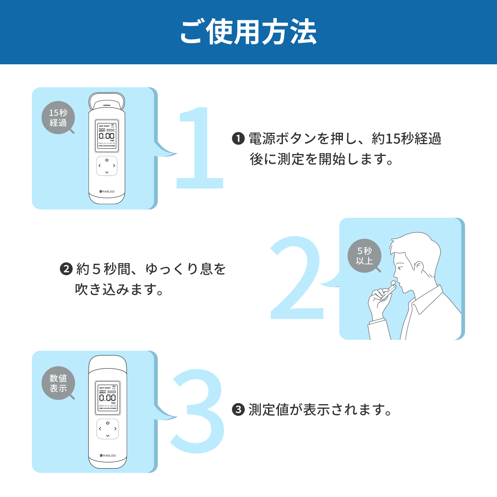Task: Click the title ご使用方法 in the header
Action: tap(248, 32)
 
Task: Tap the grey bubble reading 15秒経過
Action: tap(58, 118)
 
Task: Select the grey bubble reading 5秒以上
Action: tap(364, 256)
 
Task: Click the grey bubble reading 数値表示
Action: tap(58, 383)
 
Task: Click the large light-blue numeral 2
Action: tap(297, 280)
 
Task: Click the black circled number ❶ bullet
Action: tap(238, 139)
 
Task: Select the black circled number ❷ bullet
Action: tap(66, 269)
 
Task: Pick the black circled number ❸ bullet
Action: tap(238, 410)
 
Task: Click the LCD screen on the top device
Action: tap(107, 136)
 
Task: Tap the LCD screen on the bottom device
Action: tap(107, 398)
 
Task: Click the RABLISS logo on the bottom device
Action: tap(108, 455)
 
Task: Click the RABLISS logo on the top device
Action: tap(107, 191)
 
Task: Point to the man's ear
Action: tap(419, 267)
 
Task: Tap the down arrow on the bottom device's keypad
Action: tap(107, 435)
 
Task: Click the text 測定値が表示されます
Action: tap(320, 410)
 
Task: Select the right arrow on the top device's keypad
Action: tap(114, 166)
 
